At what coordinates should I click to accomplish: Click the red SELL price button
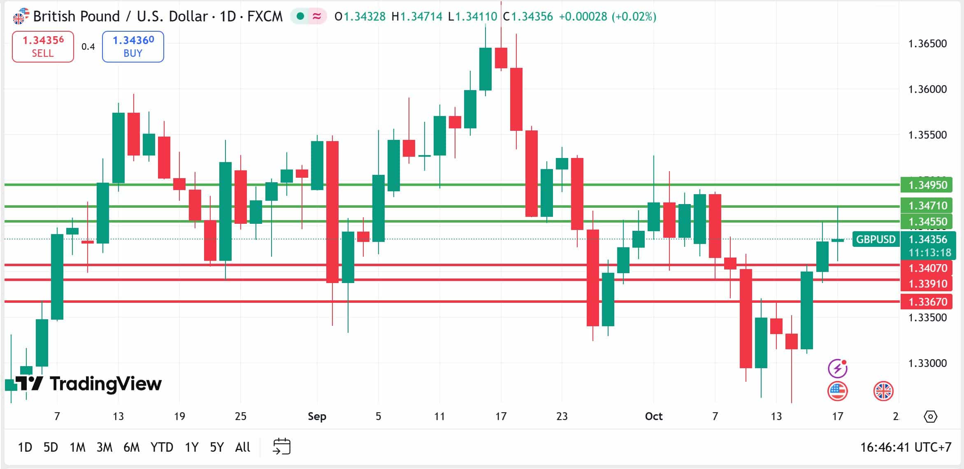click(x=43, y=46)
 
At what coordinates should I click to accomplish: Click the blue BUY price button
click(x=133, y=46)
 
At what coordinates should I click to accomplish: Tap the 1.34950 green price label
click(x=927, y=185)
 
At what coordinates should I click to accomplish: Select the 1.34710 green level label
click(x=927, y=205)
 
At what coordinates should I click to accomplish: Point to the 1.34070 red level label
click(x=927, y=268)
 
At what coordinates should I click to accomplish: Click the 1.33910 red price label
click(x=927, y=284)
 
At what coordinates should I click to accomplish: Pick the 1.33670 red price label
click(x=927, y=302)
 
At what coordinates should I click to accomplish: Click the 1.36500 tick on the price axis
click(x=927, y=44)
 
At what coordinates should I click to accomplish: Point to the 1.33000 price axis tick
click(x=927, y=363)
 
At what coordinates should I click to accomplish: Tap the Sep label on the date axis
click(x=317, y=416)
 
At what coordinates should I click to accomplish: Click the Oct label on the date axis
click(x=653, y=416)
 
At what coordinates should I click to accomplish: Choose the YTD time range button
click(x=162, y=447)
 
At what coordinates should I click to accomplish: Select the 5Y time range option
click(x=217, y=447)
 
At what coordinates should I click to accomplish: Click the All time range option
click(x=242, y=447)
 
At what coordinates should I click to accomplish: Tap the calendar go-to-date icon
click(x=282, y=446)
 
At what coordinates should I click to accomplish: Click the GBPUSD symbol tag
click(x=876, y=239)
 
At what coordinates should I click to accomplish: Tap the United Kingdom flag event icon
click(x=883, y=391)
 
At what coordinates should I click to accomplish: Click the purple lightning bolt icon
click(x=837, y=368)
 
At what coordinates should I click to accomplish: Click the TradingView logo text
click(x=105, y=383)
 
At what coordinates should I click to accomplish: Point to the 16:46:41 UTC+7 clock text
click(x=906, y=447)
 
